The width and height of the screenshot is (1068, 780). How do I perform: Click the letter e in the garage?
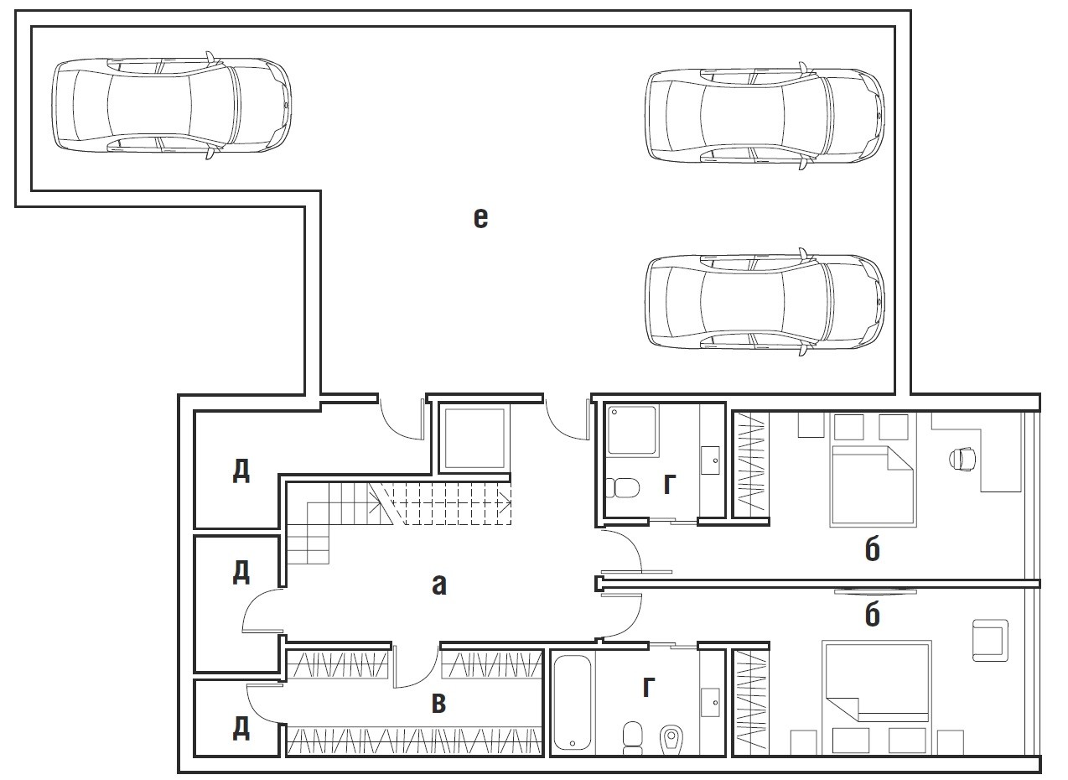[480, 218]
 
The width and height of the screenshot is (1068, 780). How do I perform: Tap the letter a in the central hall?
[439, 585]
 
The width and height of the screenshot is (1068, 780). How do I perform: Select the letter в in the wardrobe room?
[438, 703]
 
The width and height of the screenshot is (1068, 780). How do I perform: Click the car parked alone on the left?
[172, 106]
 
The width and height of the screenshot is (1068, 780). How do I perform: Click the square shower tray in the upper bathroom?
[632, 429]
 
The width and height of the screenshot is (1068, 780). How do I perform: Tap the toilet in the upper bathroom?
[623, 488]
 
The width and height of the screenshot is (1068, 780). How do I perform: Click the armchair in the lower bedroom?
[990, 640]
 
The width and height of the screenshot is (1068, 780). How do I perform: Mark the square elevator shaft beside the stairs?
[474, 439]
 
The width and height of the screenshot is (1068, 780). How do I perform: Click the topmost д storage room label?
[241, 471]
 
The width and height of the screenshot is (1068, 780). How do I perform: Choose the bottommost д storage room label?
[241, 729]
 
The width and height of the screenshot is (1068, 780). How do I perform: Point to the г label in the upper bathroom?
[670, 484]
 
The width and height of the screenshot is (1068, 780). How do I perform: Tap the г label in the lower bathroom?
[649, 687]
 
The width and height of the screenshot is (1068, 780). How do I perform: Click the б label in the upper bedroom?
[873, 549]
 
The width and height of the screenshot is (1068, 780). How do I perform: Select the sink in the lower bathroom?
[710, 702]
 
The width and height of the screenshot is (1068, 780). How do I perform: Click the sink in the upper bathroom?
[710, 460]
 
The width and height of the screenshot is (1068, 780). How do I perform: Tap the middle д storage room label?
[241, 573]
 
